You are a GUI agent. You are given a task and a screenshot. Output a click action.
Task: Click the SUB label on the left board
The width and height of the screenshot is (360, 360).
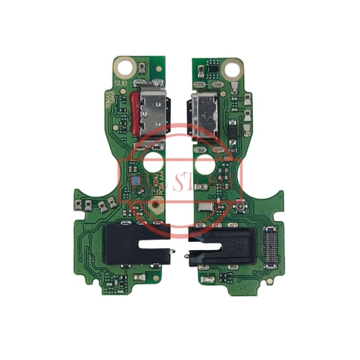[121, 83]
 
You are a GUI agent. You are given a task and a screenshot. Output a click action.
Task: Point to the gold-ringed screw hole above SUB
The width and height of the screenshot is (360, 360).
[126, 68]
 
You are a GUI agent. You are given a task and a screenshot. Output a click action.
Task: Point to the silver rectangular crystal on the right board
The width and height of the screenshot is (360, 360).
[205, 207]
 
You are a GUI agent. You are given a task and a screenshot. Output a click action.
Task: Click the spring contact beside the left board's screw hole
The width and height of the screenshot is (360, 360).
[142, 68]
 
